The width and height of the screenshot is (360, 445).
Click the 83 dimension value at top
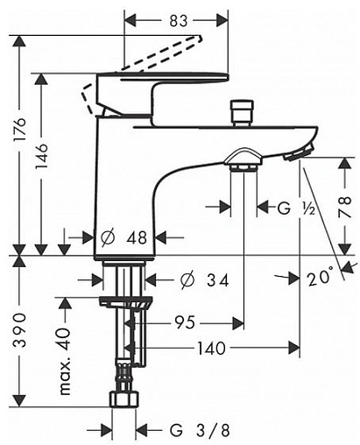pos(179,21)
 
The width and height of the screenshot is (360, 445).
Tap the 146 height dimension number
pos(41,156)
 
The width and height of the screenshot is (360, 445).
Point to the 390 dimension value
pos(21,329)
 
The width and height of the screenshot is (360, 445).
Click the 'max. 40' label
pos(65,362)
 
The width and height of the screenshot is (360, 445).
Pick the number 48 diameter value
pos(137,237)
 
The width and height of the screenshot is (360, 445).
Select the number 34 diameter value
pos(217,280)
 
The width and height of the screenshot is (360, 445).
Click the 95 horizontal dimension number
pos(185,322)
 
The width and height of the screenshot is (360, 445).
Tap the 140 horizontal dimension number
pos(212,348)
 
